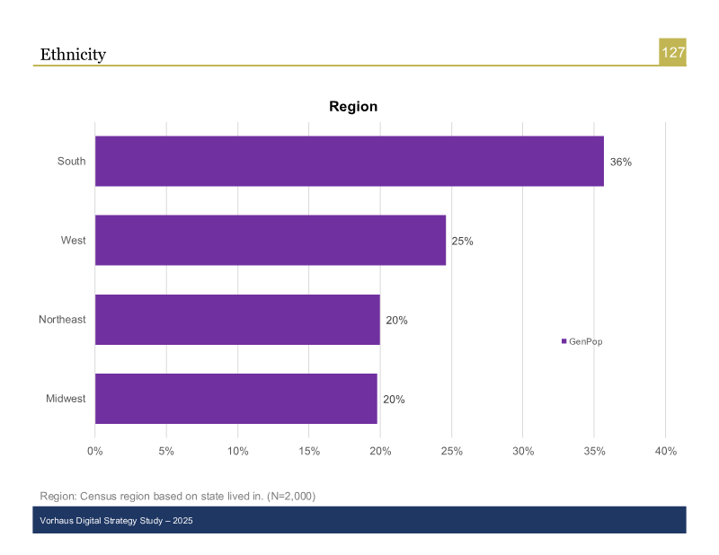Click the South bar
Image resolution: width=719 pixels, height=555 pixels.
(349, 162)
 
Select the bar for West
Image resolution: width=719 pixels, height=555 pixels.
(270, 241)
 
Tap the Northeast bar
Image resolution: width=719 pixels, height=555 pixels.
(237, 320)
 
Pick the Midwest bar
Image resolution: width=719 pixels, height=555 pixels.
(235, 399)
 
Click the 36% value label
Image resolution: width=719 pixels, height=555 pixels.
(621, 163)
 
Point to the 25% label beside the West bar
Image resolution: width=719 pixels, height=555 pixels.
(462, 242)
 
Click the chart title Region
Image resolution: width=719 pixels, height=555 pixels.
(353, 107)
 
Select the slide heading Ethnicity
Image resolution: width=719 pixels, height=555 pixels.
(73, 55)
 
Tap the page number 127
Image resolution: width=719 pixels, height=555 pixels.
(673, 53)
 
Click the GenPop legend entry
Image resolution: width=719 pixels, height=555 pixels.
(581, 341)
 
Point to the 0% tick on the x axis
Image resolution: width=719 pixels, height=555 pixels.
(95, 452)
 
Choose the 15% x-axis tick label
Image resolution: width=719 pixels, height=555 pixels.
(309, 452)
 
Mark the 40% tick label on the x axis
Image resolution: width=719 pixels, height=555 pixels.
(665, 452)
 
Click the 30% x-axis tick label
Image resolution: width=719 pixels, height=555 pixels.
(523, 452)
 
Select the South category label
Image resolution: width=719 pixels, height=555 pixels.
(71, 162)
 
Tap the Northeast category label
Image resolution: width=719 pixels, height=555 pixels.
(62, 320)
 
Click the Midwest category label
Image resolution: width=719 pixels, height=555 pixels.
(66, 399)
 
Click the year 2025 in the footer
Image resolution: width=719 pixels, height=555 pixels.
(182, 521)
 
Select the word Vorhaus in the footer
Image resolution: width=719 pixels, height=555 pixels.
(56, 521)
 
